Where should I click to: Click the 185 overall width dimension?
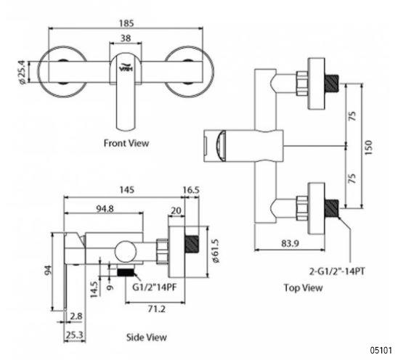(x=126, y=23)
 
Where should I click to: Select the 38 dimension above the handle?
(x=126, y=38)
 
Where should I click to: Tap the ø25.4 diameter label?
(x=23, y=72)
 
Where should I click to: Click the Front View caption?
(x=126, y=143)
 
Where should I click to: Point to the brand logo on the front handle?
(x=126, y=67)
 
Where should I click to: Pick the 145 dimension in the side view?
(x=126, y=189)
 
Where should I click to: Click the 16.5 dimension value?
(x=191, y=189)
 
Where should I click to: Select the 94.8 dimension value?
(x=105, y=209)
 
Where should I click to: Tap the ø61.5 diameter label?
(x=216, y=251)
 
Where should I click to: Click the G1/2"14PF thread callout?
(x=154, y=287)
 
